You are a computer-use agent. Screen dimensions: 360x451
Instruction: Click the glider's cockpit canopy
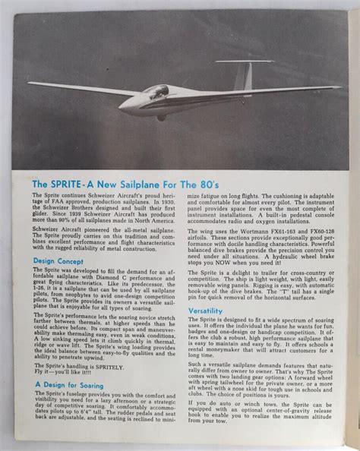154,91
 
